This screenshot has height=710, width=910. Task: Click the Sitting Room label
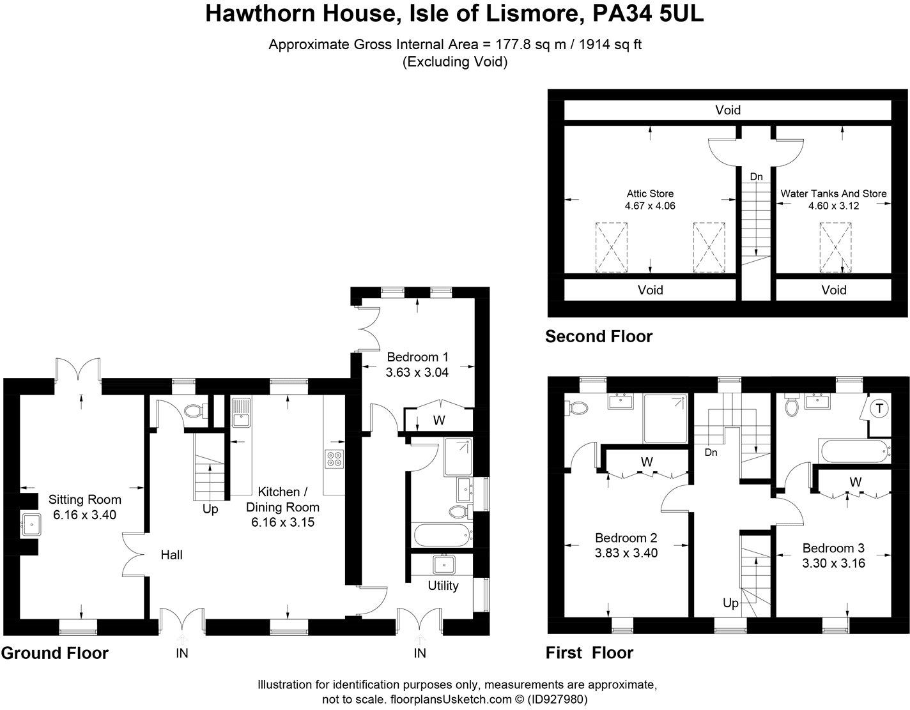(84, 500)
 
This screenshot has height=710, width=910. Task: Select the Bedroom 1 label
(417, 357)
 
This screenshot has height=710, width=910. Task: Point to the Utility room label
(443, 585)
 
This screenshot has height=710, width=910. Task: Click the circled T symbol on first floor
(879, 409)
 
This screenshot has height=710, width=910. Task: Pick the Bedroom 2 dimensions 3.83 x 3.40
(626, 553)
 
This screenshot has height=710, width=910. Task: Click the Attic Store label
(650, 193)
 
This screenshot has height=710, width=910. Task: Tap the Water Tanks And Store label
(833, 193)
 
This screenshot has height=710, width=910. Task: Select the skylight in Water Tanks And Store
(835, 247)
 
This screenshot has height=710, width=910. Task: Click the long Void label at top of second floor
(728, 110)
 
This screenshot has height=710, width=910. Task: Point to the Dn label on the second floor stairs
(756, 176)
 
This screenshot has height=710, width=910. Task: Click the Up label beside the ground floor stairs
(210, 509)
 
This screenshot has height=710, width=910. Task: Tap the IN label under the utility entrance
(420, 653)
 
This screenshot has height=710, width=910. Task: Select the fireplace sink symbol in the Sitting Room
(30, 525)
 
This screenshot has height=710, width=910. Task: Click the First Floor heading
(589, 653)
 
